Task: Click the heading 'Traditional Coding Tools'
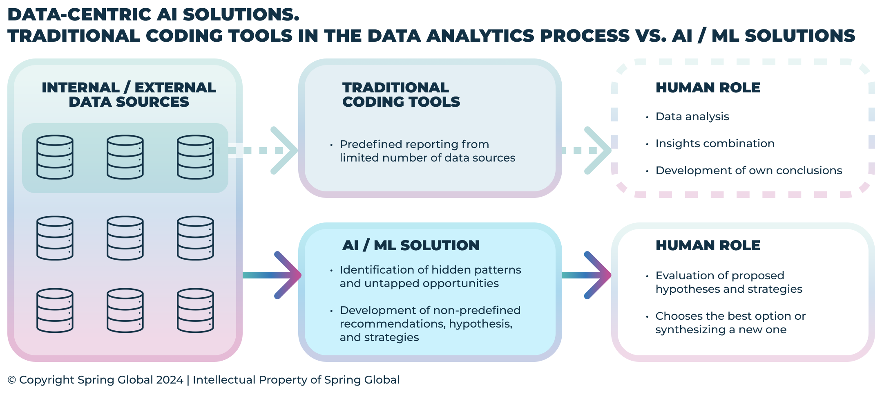pos(401,94)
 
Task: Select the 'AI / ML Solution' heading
pos(411,245)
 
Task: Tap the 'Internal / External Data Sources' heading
pos(129,94)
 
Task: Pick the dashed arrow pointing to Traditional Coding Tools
pos(270,150)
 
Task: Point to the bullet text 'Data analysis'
pos(692,117)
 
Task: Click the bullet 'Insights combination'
pos(715,144)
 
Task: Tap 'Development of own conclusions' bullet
pos(748,171)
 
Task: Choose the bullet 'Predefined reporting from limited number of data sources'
pos(427,151)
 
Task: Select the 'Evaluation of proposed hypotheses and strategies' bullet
pos(728,282)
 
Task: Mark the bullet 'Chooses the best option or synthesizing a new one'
pos(730,323)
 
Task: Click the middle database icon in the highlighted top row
pos(125,157)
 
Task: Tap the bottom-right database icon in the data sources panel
pos(195,310)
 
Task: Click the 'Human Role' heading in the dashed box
pos(708,88)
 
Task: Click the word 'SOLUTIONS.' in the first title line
pos(241,15)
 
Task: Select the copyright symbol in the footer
pos(12,380)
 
